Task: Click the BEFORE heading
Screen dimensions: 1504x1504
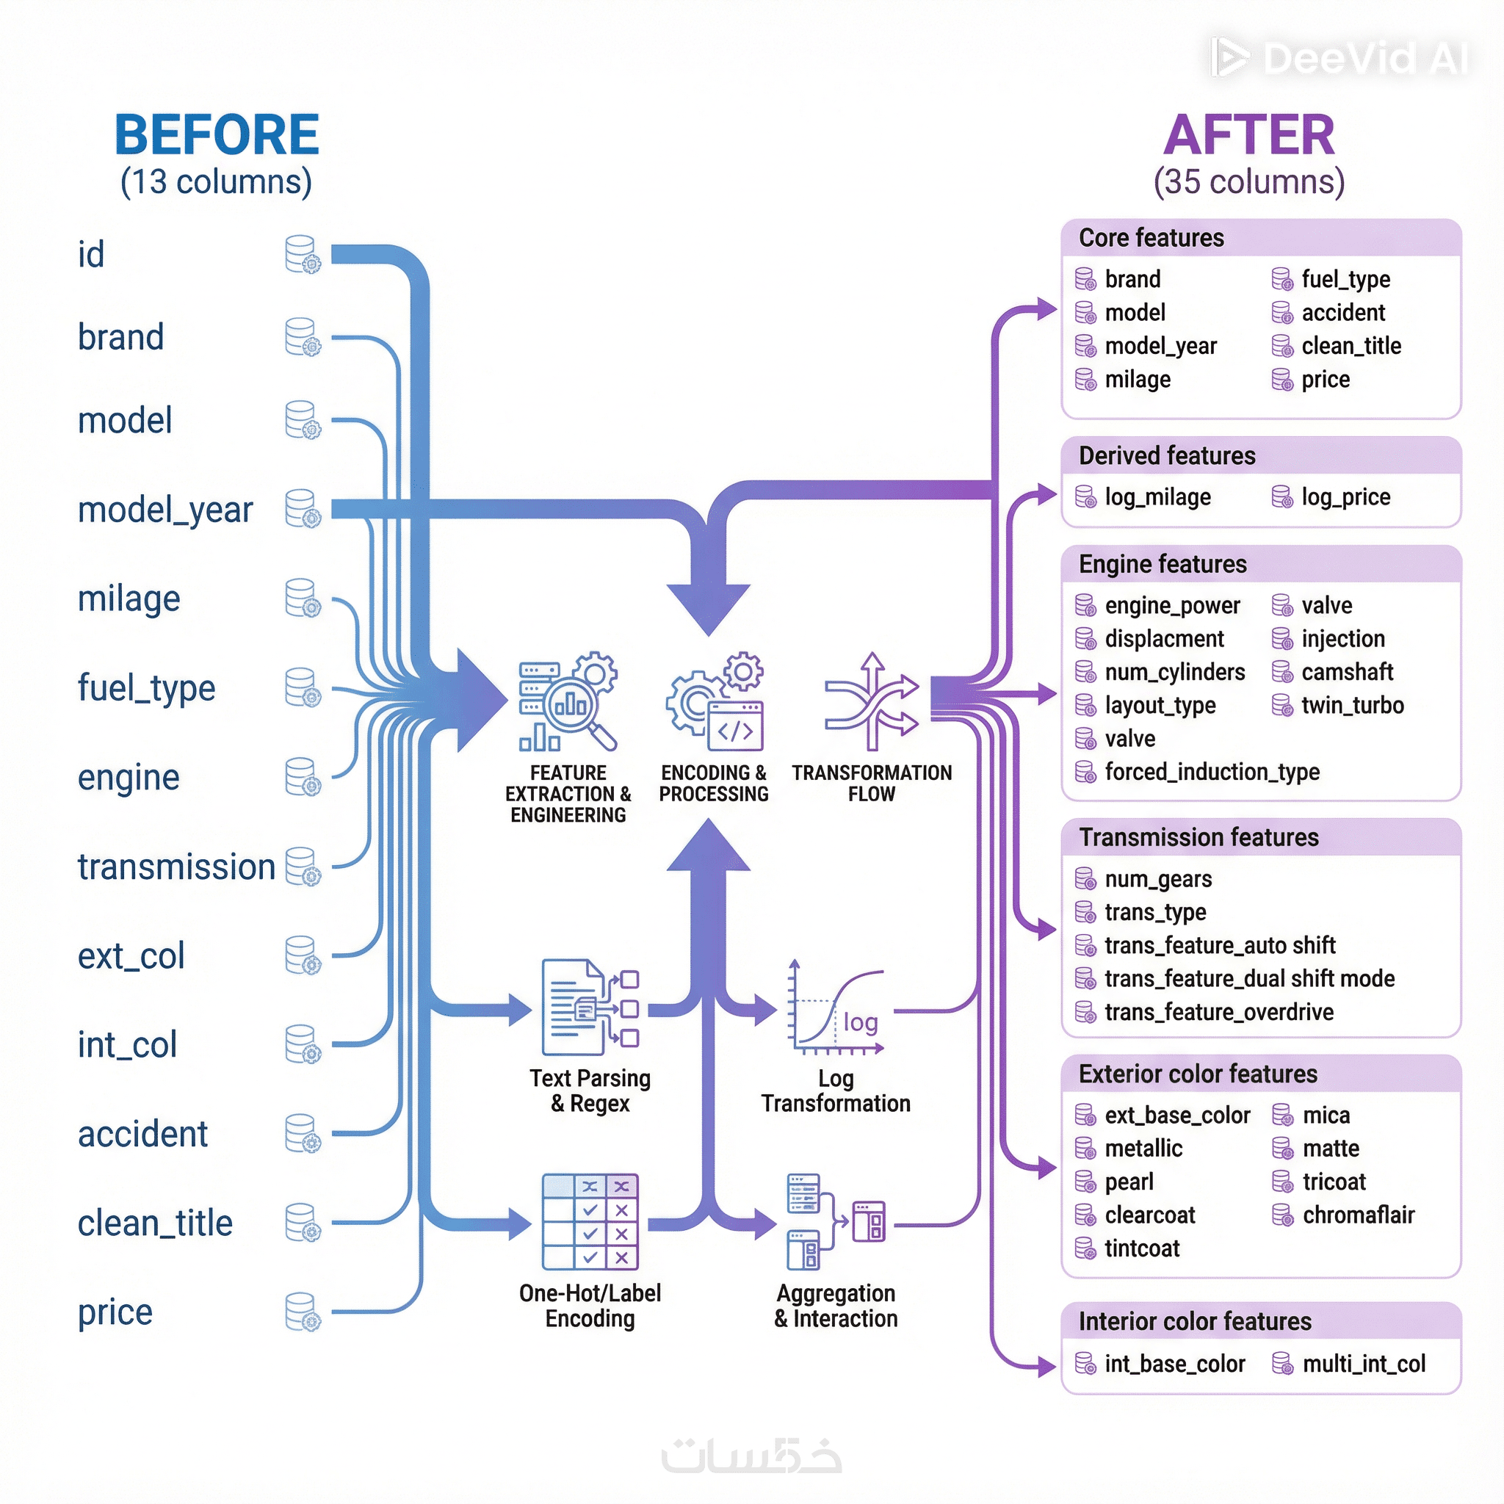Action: (x=217, y=134)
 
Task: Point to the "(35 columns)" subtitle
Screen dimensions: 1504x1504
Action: (x=1248, y=182)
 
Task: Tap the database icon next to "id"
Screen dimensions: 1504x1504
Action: (x=303, y=255)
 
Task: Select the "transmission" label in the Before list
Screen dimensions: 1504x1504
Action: (x=177, y=867)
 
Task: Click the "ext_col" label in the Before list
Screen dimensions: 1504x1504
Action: (x=131, y=956)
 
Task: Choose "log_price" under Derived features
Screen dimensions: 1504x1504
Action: (x=1345, y=496)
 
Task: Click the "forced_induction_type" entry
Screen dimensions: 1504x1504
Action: (x=1211, y=772)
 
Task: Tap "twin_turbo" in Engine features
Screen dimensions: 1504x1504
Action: (x=1352, y=705)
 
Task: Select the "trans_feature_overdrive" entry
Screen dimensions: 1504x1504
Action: (x=1218, y=1012)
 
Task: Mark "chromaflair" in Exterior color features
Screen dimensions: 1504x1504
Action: (x=1358, y=1215)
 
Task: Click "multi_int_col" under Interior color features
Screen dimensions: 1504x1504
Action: (x=1363, y=1364)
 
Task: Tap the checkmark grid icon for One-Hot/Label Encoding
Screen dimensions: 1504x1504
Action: (x=590, y=1221)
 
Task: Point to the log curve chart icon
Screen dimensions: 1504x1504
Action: (x=838, y=1008)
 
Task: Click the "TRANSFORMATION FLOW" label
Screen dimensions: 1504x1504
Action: (x=871, y=783)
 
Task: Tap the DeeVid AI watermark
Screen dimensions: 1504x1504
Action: (x=1339, y=59)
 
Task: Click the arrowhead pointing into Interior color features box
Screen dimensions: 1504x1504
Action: (x=1047, y=1365)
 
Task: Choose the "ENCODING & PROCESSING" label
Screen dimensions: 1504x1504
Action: (x=713, y=783)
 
